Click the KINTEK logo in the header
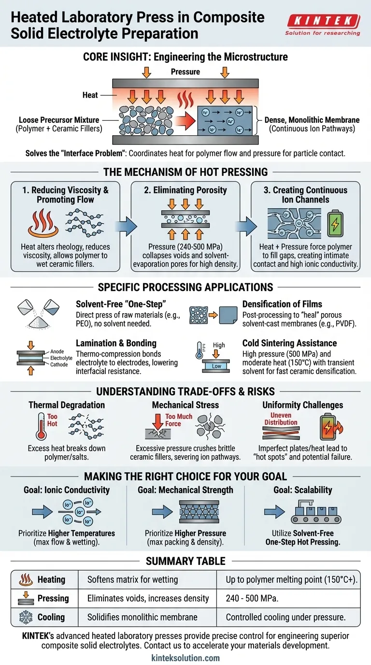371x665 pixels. pyautogui.click(x=323, y=22)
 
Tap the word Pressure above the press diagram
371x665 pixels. pyautogui.click(x=185, y=72)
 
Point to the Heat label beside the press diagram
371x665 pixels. pyautogui.click(x=90, y=95)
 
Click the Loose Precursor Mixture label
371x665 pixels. pyautogui.click(x=59, y=120)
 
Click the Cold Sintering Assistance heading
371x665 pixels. pyautogui.click(x=289, y=343)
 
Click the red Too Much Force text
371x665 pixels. pyautogui.click(x=179, y=420)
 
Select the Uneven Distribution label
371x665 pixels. pyautogui.click(x=281, y=419)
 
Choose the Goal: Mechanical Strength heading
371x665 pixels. pyautogui.click(x=185, y=490)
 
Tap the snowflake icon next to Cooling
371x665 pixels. pyautogui.click(x=24, y=617)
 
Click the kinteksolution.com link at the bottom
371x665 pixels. pyautogui.click(x=185, y=658)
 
